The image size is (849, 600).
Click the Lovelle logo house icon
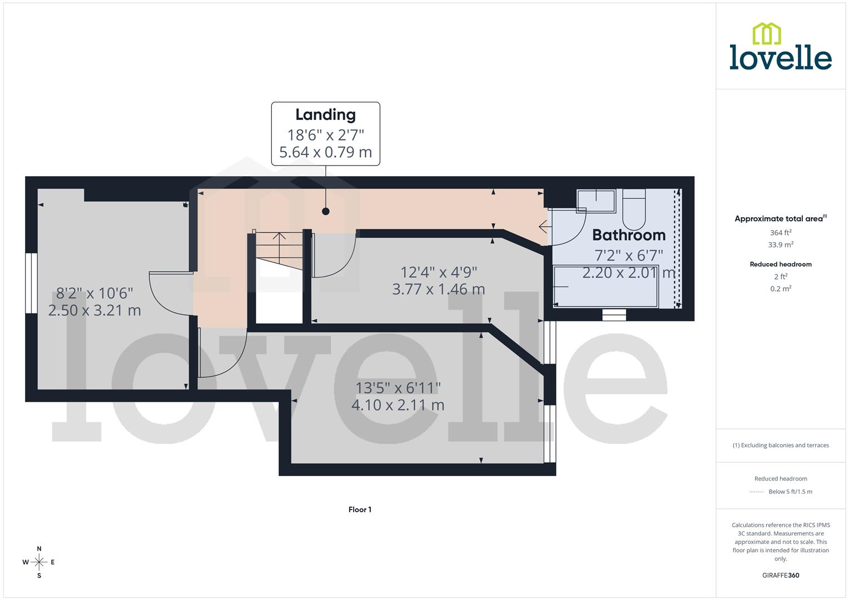point(766,33)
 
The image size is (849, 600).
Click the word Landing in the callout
point(325,115)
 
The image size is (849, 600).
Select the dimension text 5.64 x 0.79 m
point(325,152)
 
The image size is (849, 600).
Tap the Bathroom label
point(628,235)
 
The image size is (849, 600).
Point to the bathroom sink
point(596,201)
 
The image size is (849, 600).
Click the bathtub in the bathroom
point(605,286)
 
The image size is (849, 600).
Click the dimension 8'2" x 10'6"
point(95,293)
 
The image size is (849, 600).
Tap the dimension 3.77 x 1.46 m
point(438,289)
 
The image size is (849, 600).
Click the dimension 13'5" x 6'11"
point(398,387)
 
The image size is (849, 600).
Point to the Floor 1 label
point(360,509)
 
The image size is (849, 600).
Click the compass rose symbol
point(39,562)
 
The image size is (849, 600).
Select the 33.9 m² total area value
point(781,244)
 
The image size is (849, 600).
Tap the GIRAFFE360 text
point(781,576)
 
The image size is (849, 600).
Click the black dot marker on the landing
point(326,211)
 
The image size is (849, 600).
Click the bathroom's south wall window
point(614,315)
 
